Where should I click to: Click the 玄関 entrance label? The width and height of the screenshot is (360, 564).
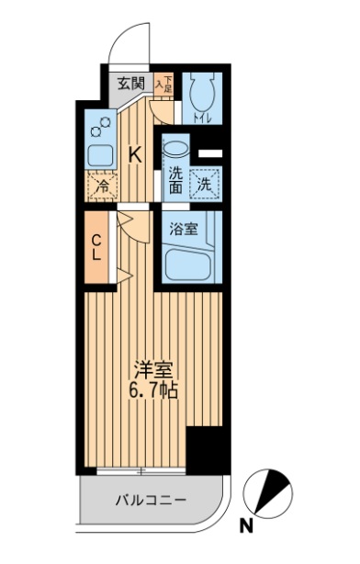[129, 83]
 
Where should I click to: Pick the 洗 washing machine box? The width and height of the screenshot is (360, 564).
[206, 182]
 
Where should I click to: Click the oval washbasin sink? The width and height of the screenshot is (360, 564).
[175, 147]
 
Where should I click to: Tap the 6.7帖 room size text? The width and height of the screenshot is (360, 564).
[152, 389]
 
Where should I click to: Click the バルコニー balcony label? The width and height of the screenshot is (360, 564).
[151, 502]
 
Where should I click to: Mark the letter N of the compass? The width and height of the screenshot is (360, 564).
[246, 526]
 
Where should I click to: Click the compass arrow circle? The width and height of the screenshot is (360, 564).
[272, 493]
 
